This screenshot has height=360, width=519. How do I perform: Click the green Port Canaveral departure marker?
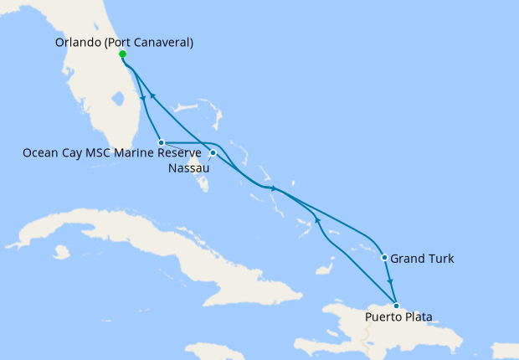(x=123, y=54)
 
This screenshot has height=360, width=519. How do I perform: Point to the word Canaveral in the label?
(x=165, y=41)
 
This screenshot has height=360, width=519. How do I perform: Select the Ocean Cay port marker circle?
(x=161, y=143)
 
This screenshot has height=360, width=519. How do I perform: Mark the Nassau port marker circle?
(x=213, y=153)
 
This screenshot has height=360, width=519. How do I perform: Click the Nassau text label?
(x=190, y=167)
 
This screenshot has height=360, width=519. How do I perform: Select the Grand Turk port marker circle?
(x=384, y=258)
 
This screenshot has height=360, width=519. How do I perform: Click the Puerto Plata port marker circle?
(x=396, y=306)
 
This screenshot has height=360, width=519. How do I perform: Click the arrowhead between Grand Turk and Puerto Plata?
(x=390, y=282)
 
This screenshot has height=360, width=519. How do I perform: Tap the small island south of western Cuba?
(x=60, y=250)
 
